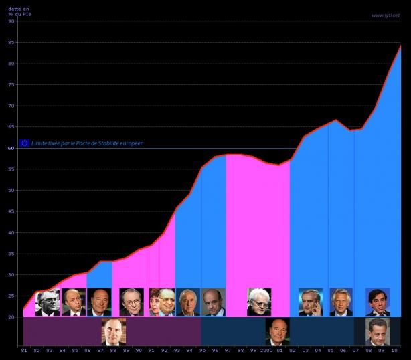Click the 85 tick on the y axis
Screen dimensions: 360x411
tap(11, 42)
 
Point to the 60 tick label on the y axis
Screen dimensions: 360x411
tap(11, 148)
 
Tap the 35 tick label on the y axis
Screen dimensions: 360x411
tap(11, 232)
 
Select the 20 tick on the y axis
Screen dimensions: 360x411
tap(11, 317)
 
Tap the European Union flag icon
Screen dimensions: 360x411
tap(25, 143)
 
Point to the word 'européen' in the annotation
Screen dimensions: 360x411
tap(130, 143)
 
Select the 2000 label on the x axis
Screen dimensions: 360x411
tap(266, 351)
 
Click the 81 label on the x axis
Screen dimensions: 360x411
tap(24, 351)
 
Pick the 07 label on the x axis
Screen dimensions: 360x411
tap(355, 351)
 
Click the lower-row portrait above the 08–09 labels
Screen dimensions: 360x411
tap(378, 331)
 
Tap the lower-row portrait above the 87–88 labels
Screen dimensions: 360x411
tap(113, 331)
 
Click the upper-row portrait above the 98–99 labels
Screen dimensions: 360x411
tap(259, 302)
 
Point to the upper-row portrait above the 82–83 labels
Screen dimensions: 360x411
tap(47, 302)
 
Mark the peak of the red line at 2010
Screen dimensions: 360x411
tap(400, 45)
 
